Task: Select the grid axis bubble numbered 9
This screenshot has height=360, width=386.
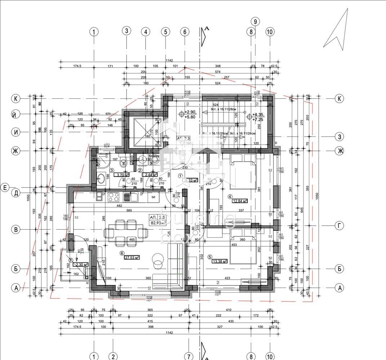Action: pos(255,22)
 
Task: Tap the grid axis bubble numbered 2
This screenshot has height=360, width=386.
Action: pos(113,356)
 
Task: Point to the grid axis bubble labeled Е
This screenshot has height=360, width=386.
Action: pos(5,188)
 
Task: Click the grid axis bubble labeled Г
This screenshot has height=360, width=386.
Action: pos(339,226)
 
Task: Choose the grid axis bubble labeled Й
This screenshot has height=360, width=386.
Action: pos(15,115)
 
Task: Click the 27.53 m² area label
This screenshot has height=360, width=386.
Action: pos(132,258)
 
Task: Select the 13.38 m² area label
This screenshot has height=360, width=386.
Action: pos(219,262)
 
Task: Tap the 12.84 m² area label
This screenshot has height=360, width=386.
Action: pos(239,201)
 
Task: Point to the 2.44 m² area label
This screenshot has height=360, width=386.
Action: pos(150,175)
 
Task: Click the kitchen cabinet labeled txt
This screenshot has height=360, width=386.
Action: pos(153,197)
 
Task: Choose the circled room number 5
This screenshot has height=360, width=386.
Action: pos(210,257)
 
